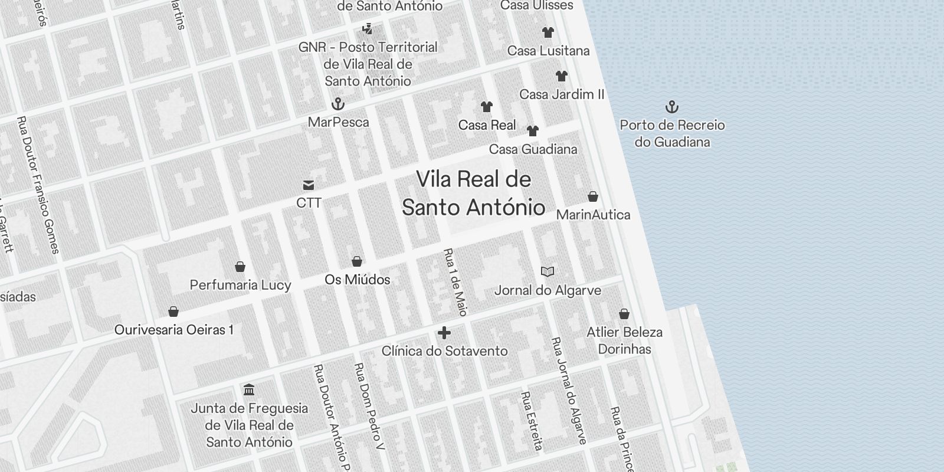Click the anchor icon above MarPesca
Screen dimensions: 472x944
point(338,104)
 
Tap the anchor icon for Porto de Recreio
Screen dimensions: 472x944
point(672,107)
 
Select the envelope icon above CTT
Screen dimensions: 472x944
point(308,185)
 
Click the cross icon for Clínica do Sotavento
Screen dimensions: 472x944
point(444,333)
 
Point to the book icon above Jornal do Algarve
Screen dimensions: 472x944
point(548,271)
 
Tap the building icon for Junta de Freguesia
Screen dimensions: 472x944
point(249,390)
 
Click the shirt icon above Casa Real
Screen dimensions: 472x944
point(487,107)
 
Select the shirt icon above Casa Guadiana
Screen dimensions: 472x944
point(533,131)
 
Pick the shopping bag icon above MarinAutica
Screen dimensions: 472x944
point(593,196)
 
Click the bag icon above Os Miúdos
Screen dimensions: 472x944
point(357,261)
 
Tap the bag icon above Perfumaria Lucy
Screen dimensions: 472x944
point(240,267)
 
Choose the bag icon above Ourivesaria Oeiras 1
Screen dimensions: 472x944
point(173,312)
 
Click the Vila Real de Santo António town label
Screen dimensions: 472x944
point(473,194)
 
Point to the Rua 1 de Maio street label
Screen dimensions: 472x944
point(455,282)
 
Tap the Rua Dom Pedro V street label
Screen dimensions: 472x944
point(369,407)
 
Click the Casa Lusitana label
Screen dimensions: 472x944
point(549,51)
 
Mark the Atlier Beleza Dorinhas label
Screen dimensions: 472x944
point(624,340)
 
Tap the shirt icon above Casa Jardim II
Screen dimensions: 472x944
point(562,76)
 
